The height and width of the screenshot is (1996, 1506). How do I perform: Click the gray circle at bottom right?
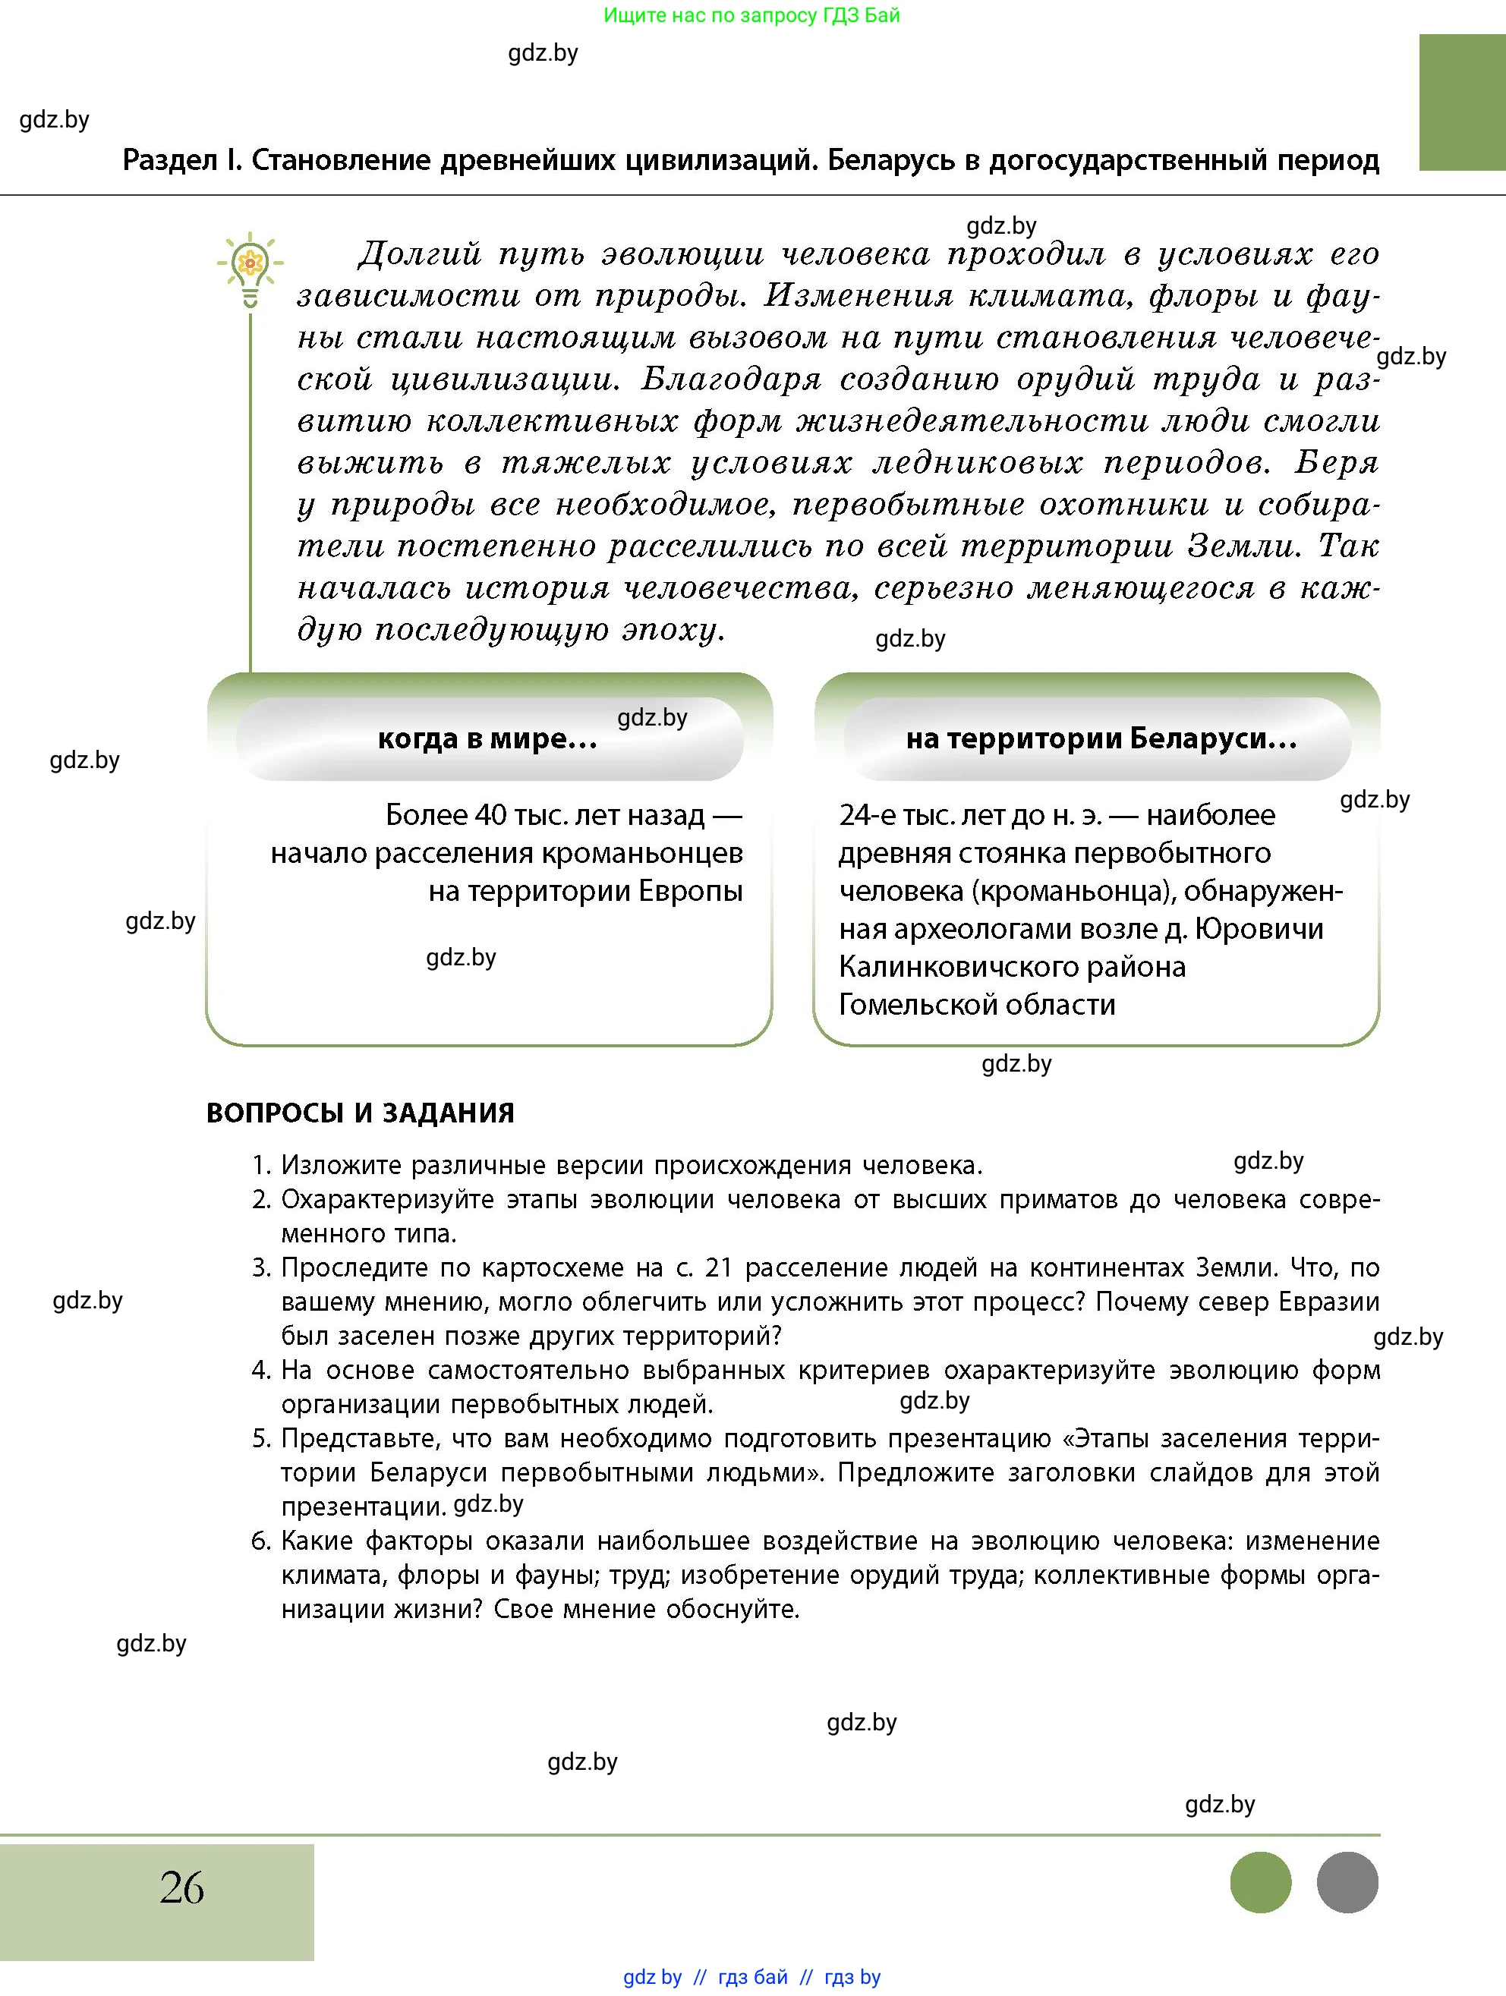click(x=1347, y=1882)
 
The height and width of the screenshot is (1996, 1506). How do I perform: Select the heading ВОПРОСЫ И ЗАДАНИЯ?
click(x=360, y=1113)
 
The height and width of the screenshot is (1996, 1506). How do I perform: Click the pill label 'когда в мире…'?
click(x=488, y=739)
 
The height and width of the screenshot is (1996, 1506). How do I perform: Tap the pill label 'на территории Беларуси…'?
click(x=1101, y=739)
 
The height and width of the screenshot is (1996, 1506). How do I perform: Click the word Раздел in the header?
click(x=171, y=161)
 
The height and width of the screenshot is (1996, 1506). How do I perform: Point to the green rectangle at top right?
click(x=1461, y=102)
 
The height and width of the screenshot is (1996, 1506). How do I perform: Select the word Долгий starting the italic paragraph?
click(x=419, y=254)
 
